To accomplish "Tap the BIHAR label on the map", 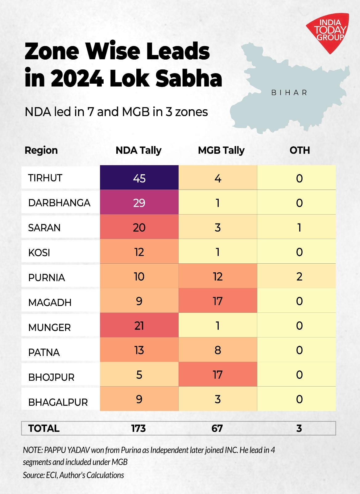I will click(289, 93).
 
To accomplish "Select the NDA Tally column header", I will click(139, 150).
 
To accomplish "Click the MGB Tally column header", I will click(221, 150).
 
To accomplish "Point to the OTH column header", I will click(300, 150).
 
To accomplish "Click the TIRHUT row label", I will click(45, 178).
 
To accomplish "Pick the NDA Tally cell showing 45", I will click(139, 178).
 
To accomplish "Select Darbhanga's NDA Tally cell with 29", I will click(139, 203).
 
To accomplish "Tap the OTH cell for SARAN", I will click(299, 228).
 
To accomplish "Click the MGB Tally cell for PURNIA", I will click(217, 277).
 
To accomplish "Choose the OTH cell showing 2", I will click(299, 277).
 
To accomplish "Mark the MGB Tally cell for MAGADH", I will click(217, 301).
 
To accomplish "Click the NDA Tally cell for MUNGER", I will click(139, 326).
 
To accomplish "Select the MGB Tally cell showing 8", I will click(217, 350).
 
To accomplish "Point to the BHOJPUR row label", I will click(51, 377).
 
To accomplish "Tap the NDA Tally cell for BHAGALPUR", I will click(139, 399).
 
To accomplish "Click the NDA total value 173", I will click(138, 429).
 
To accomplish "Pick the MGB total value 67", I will click(217, 429).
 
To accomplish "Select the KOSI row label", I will click(39, 253).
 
